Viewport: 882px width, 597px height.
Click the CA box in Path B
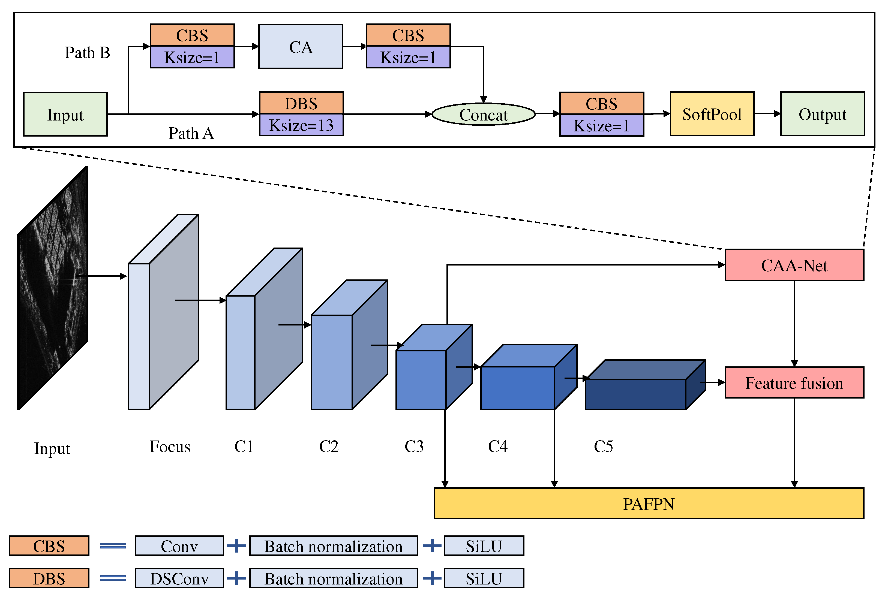coord(300,47)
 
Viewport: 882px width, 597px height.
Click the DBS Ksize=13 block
coord(301,114)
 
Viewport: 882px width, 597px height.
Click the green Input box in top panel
coord(65,114)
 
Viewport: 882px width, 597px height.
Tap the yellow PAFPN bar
coord(649,503)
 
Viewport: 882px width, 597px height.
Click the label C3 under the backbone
coord(414,447)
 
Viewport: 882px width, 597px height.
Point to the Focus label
coord(170,447)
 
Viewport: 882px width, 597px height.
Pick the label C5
coord(603,447)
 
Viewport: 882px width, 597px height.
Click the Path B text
coord(87,53)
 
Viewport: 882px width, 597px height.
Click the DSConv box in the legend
coord(179,578)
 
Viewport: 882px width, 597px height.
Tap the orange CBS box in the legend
coord(49,546)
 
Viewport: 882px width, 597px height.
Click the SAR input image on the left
coord(52,288)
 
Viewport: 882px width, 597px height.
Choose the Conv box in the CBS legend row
coord(179,546)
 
